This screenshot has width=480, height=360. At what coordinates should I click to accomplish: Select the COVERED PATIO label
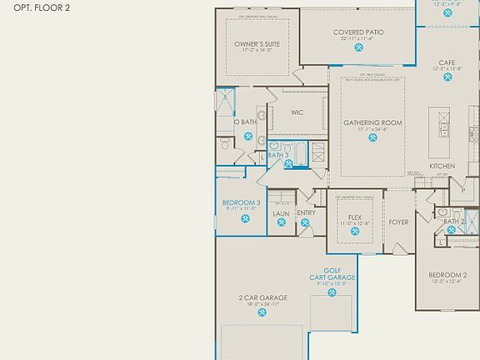click(x=358, y=32)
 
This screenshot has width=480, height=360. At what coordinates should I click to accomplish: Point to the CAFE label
click(x=448, y=62)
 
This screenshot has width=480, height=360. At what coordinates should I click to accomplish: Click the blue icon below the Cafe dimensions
click(x=448, y=80)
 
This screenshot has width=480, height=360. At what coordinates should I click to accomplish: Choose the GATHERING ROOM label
click(x=372, y=122)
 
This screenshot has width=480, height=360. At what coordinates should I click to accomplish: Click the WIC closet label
click(x=297, y=112)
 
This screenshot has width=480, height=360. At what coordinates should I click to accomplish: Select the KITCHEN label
click(x=442, y=167)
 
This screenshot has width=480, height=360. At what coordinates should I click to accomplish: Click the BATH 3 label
click(x=278, y=155)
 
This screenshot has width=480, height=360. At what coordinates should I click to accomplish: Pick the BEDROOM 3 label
click(x=242, y=202)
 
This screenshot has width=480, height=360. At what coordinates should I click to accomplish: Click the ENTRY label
click(x=306, y=212)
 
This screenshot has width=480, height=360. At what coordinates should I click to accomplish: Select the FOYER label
click(x=399, y=222)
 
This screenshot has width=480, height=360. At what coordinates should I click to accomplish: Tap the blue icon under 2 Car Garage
click(x=262, y=314)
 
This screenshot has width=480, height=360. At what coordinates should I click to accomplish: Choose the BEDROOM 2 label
click(x=447, y=275)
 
